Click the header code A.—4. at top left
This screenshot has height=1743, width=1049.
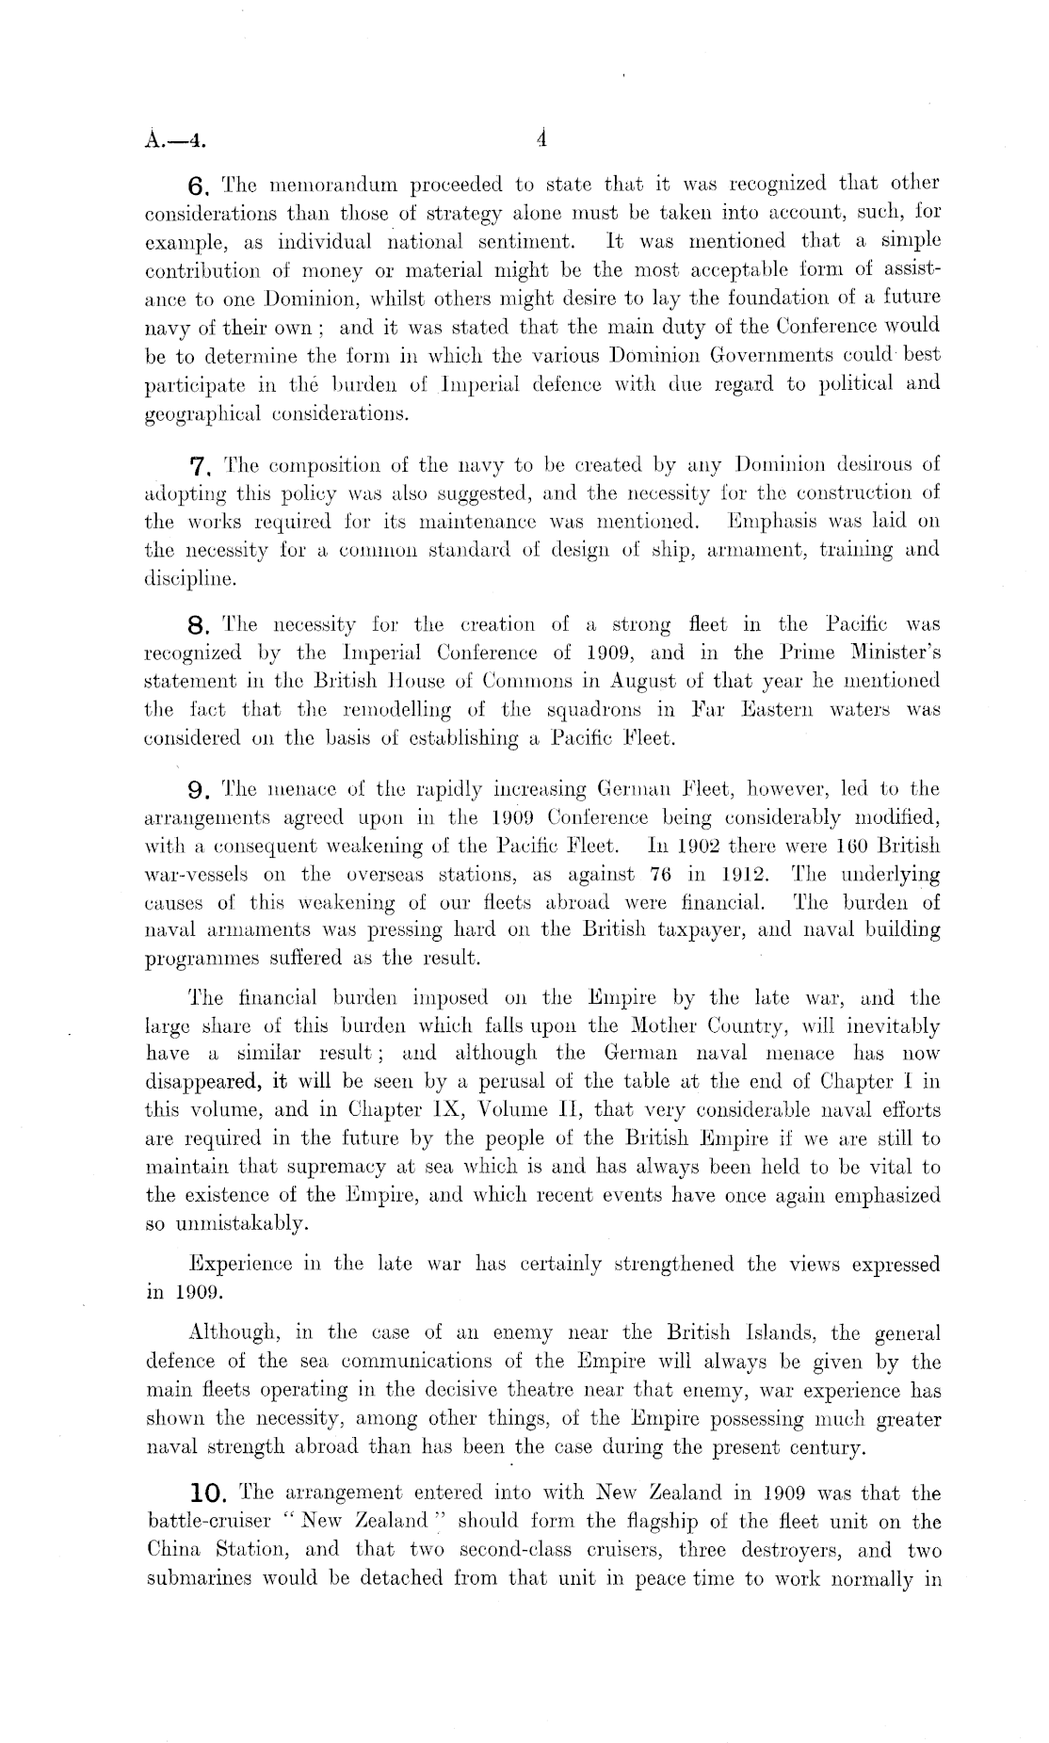pyautogui.click(x=173, y=142)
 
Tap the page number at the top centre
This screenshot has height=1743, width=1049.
pyautogui.click(x=541, y=140)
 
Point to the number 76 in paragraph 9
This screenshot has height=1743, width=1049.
pyautogui.click(x=670, y=874)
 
